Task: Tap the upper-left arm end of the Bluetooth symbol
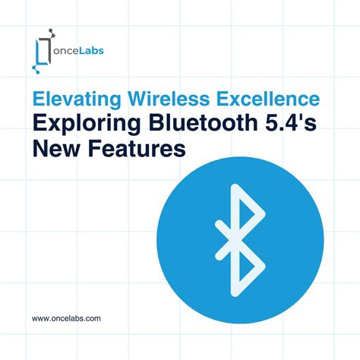(217, 223)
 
